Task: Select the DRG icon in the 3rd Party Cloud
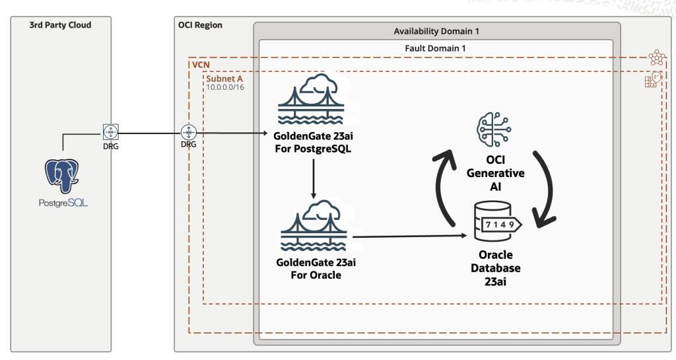[111, 131]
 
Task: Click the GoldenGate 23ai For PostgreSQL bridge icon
[313, 100]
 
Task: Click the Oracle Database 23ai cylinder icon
[495, 225]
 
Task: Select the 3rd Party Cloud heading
[60, 25]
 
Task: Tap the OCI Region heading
[200, 25]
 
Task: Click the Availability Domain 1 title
[436, 32]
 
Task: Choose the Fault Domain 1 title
[436, 49]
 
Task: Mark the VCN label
[201, 65]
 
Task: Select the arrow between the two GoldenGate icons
[313, 177]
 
